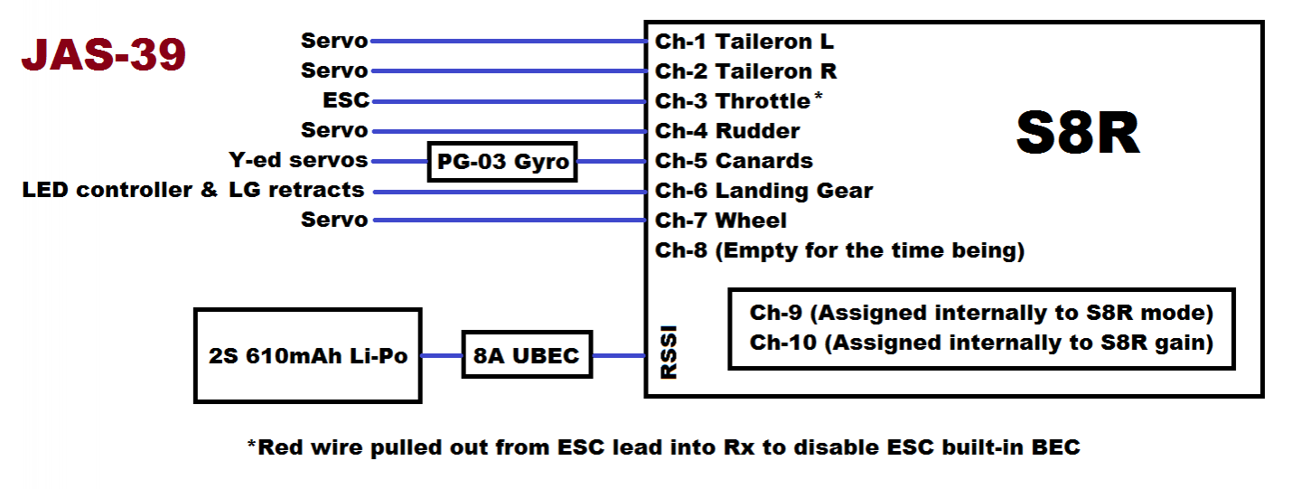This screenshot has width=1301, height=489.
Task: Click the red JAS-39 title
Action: [x=103, y=54]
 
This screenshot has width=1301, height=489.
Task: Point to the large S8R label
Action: [x=1078, y=133]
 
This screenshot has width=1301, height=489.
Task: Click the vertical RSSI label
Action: [x=669, y=352]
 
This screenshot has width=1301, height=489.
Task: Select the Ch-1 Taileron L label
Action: [x=744, y=42]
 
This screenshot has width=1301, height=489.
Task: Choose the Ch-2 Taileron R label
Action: [x=745, y=71]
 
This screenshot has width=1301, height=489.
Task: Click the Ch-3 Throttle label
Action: [x=733, y=101]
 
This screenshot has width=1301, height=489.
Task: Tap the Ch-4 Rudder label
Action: [x=727, y=131]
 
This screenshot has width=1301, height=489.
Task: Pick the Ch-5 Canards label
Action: [x=735, y=161]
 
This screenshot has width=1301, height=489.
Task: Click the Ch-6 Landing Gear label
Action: [x=763, y=191]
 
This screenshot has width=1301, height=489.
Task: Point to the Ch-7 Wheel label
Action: [x=721, y=221]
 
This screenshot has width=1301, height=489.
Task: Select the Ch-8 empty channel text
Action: [x=840, y=251]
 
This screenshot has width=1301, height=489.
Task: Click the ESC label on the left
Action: [x=346, y=100]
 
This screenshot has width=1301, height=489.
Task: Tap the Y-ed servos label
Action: [x=298, y=160]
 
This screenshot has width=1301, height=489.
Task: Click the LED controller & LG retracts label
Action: [x=192, y=190]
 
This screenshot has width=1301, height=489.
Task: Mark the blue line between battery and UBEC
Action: [x=442, y=355]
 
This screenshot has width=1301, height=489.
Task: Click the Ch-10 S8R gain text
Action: [x=981, y=343]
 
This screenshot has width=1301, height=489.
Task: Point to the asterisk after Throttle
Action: [x=818, y=95]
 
